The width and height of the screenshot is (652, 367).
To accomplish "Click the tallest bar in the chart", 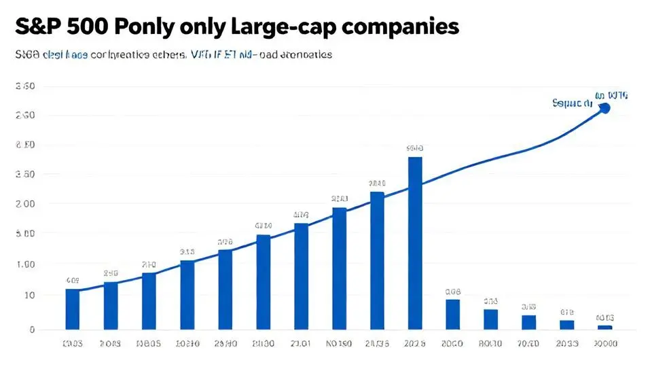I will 414,243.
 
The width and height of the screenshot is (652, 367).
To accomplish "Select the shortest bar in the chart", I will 604,327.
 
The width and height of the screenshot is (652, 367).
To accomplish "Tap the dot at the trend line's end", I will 605,108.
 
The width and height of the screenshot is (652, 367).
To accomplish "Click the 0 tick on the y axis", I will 32,330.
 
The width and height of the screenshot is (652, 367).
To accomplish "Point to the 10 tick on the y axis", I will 30,295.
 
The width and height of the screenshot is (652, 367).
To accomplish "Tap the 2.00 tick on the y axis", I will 25,204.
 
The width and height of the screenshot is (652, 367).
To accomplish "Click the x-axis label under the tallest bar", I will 414,344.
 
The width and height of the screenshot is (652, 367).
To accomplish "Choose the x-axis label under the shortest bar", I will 604,344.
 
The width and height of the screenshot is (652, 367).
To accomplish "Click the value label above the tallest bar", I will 414,147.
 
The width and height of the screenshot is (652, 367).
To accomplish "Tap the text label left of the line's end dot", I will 573,104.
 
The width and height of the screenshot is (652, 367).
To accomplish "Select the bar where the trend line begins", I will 72,309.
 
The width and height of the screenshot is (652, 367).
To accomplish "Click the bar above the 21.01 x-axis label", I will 301,276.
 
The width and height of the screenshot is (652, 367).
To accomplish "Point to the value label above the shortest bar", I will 604,317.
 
